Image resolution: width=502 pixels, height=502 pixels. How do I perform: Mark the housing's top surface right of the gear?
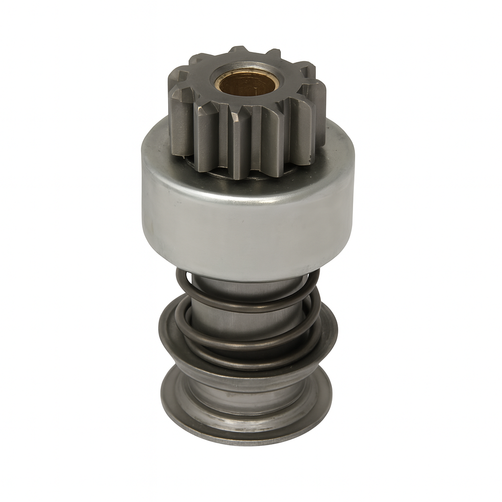coord(338,147)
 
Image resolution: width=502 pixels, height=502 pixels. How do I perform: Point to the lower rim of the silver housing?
coord(245,277)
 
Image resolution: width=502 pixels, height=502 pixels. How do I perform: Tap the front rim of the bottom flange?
coord(245,439)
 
